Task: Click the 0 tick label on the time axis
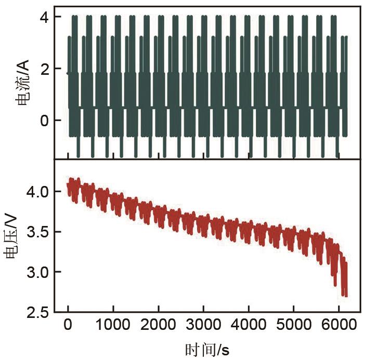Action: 68,326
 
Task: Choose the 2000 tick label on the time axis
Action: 159,326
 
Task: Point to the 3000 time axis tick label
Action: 204,326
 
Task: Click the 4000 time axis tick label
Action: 249,326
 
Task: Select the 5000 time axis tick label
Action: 294,326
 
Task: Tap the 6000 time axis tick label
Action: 340,326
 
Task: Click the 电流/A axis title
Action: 22,83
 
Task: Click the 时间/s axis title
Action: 206,349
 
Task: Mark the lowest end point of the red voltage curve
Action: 345,295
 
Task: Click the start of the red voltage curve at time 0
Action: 68,184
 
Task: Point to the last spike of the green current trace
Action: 346,37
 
